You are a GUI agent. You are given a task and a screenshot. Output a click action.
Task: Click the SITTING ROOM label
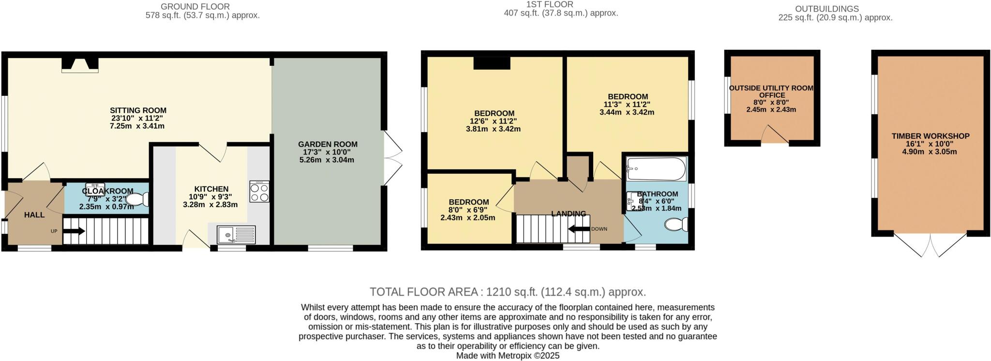138,110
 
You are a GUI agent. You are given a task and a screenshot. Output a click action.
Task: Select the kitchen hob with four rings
259,192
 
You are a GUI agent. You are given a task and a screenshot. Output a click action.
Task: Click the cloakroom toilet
137,199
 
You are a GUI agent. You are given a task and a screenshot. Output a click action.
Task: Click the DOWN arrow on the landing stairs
579,228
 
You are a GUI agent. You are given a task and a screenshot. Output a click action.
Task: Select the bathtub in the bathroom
656,169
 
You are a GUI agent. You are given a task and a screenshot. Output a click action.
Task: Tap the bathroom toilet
676,224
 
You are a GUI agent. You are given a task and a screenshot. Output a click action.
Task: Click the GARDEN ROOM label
328,144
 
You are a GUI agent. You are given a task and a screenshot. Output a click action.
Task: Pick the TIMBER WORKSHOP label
931,136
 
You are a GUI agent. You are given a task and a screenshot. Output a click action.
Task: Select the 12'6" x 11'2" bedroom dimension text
494,121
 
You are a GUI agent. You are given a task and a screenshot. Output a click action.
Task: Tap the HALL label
34,215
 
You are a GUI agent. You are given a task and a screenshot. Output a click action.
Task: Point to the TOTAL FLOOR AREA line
508,292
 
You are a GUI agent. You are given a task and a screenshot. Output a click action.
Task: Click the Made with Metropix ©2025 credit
508,356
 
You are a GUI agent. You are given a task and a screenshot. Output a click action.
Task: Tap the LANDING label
569,213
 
